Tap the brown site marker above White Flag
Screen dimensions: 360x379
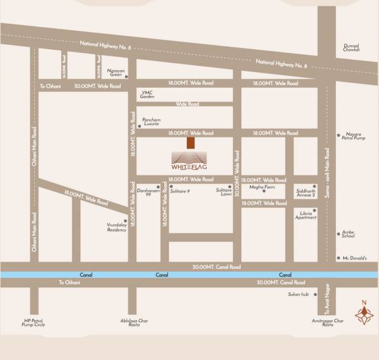pyautogui.click(x=190, y=143)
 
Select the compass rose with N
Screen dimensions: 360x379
pyautogui.click(x=363, y=314)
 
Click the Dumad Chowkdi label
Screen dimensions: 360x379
pyautogui.click(x=351, y=47)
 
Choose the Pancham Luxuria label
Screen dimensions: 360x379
pyautogui.click(x=152, y=122)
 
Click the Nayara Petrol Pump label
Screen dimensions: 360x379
pyautogui.click(x=356, y=136)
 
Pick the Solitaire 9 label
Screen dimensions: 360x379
pyautogui.click(x=180, y=189)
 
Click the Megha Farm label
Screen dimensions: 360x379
pyautogui.click(x=262, y=187)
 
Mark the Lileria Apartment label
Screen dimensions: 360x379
pyautogui.click(x=306, y=215)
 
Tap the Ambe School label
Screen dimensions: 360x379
pyautogui.click(x=348, y=234)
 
